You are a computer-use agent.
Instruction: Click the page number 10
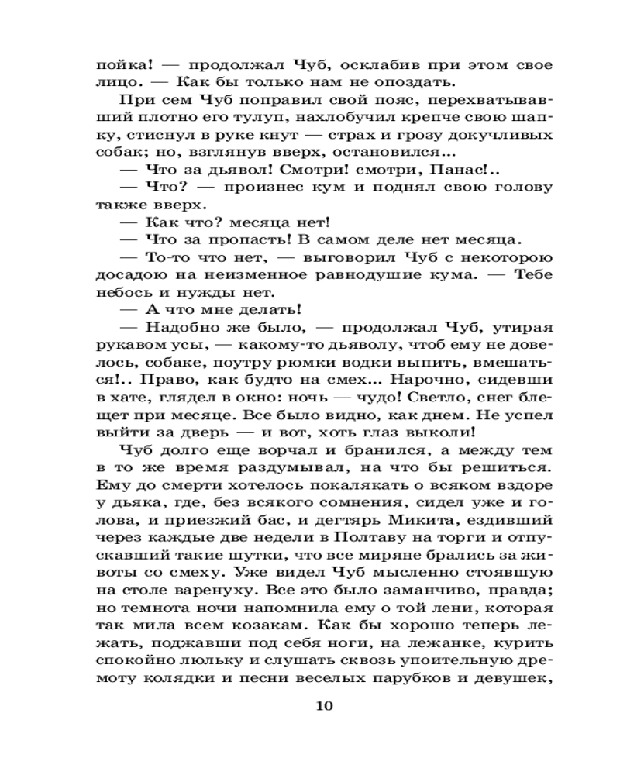pos(324,705)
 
